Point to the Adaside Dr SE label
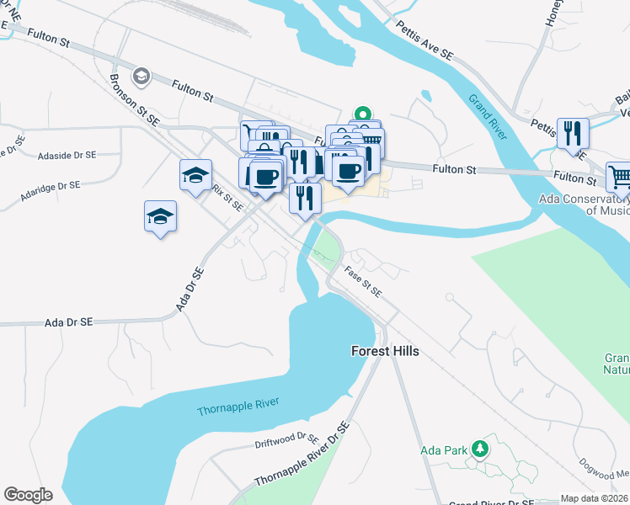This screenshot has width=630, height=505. pyautogui.click(x=67, y=156)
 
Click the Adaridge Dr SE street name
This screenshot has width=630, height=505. pyautogui.click(x=50, y=191)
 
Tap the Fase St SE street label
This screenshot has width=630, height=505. pyautogui.click(x=363, y=281)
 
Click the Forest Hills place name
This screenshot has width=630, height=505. pyautogui.click(x=385, y=351)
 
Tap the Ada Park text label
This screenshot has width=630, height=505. pyautogui.click(x=444, y=450)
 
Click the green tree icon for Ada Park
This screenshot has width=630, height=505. pyautogui.click(x=480, y=448)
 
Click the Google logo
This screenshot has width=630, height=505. pyautogui.click(x=28, y=495)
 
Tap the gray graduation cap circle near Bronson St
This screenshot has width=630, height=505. pyautogui.click(x=141, y=77)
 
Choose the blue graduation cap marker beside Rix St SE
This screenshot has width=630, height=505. pyautogui.click(x=195, y=176)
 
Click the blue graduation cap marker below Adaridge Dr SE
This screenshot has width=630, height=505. pyautogui.click(x=160, y=216)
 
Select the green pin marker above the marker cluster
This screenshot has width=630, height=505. pyautogui.click(x=363, y=114)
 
